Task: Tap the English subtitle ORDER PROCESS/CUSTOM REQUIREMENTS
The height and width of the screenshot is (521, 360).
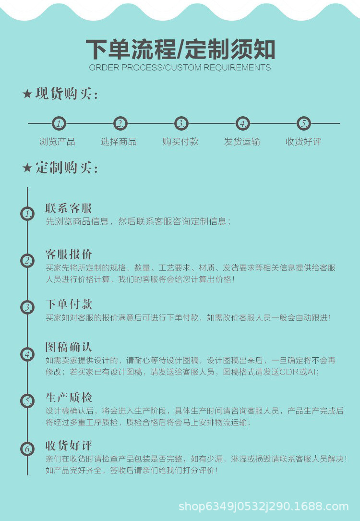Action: click(x=180, y=68)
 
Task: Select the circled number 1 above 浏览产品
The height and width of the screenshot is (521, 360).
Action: click(x=59, y=123)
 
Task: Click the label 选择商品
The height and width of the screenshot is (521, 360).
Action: click(x=119, y=142)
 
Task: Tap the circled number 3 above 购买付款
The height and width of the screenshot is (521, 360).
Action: click(x=181, y=123)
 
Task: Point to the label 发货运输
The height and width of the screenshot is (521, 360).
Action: click(x=242, y=142)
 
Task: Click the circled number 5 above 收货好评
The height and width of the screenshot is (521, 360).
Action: click(x=303, y=123)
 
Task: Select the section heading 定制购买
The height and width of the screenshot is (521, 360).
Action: click(x=66, y=168)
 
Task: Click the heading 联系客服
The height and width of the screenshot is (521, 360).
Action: click(x=69, y=208)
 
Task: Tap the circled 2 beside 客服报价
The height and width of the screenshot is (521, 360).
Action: click(x=27, y=261)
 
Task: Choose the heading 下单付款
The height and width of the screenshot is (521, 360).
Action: click(x=69, y=304)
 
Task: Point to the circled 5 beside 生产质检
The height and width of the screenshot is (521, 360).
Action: click(x=27, y=400)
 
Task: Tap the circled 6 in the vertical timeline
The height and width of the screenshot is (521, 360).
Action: click(x=27, y=449)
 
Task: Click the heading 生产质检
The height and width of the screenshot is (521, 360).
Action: click(x=69, y=398)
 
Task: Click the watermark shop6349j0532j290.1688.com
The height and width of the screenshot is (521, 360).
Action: click(x=263, y=507)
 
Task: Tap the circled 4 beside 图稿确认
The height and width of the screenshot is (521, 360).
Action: click(x=27, y=355)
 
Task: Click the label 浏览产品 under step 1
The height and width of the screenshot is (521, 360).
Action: click(x=57, y=142)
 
